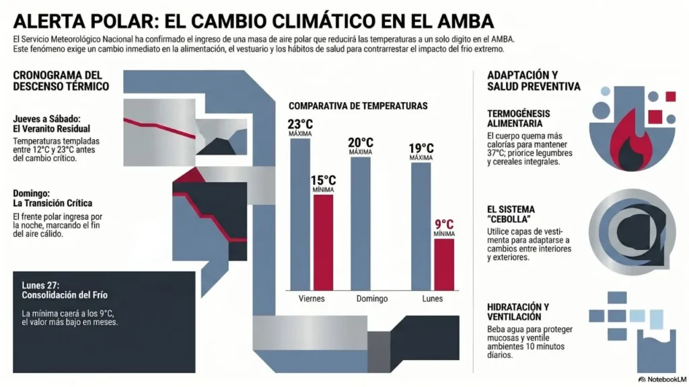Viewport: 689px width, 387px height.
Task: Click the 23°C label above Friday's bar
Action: point(300,124)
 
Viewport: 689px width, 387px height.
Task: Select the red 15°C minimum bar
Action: point(323,242)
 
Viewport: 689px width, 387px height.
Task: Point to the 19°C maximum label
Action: point(421,148)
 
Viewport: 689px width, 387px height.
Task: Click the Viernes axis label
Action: point(312,298)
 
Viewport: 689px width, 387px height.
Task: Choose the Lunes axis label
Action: point(431,298)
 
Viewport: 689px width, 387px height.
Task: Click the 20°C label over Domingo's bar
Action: point(361,142)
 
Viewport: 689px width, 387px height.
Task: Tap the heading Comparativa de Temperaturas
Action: point(358,106)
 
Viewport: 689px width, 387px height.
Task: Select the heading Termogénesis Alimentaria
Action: point(519,118)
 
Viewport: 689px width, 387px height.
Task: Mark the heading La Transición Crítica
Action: point(52,203)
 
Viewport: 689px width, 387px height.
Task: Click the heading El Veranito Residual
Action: point(51,128)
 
